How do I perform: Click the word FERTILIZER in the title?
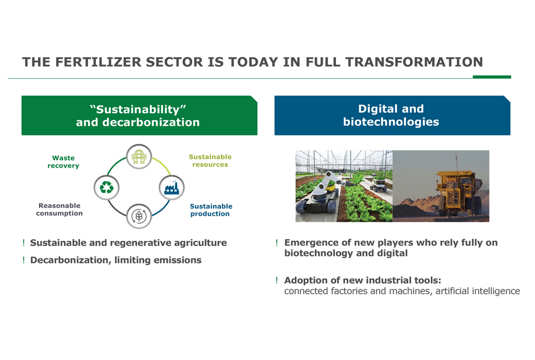coord(98,62)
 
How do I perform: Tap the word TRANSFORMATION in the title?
coord(414,62)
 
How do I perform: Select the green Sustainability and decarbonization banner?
coord(139,115)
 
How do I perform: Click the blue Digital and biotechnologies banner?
coord(392,115)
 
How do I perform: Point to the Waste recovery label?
coord(63,162)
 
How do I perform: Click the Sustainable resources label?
coord(210,160)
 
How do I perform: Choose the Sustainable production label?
coord(211,210)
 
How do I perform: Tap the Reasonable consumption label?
coord(60,209)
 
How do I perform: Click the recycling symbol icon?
coord(106,187)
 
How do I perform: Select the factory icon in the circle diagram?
coord(172,188)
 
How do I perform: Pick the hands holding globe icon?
coord(139,157)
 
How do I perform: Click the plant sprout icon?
coord(139,216)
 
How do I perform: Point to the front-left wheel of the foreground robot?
coord(301,207)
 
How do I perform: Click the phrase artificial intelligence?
coord(478,291)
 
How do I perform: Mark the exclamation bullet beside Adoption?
coord(277,280)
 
